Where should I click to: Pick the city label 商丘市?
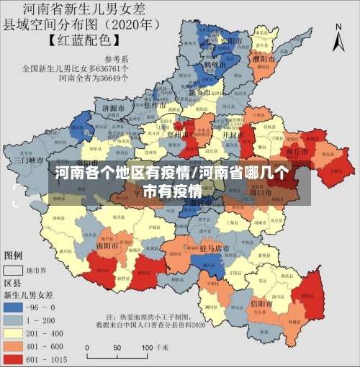point(297,152)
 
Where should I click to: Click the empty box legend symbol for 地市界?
point(14,271)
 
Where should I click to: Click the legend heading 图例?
point(13,255)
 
